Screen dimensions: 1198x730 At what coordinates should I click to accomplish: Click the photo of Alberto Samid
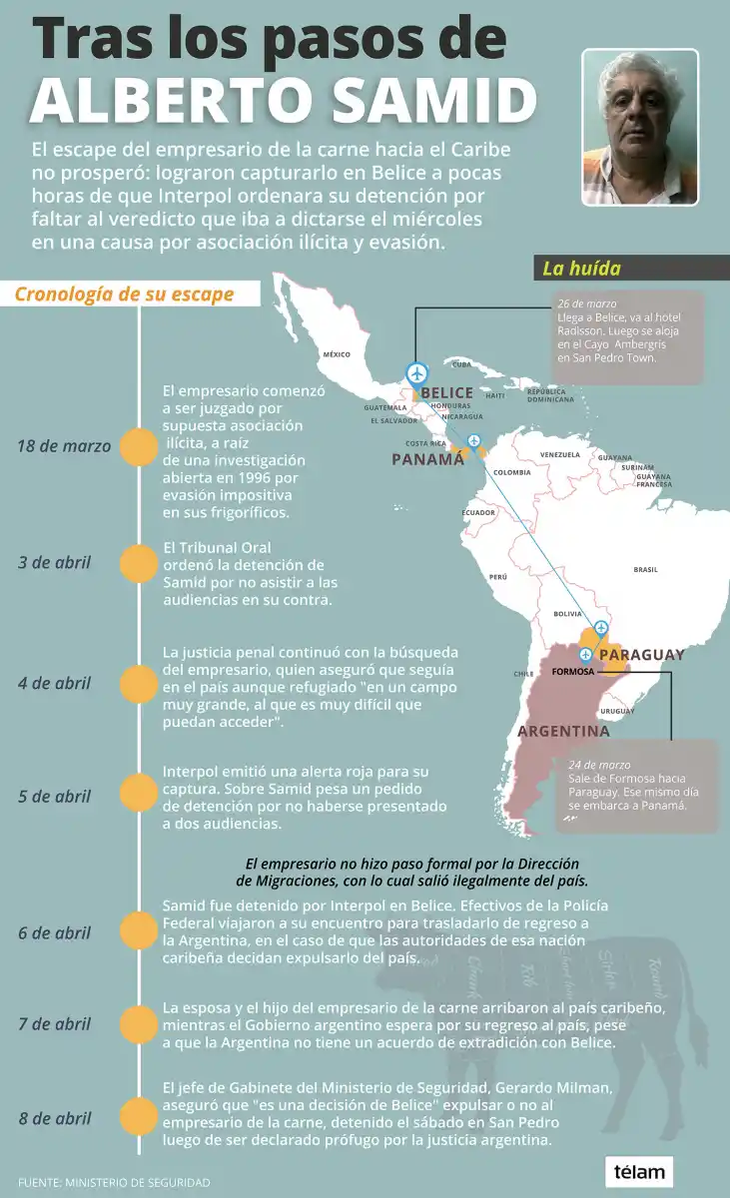click(x=639, y=127)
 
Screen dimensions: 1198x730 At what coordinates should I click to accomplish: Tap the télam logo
click(x=639, y=1171)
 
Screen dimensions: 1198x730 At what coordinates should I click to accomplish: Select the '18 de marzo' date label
click(x=64, y=445)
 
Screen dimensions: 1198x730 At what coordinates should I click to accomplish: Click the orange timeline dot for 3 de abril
click(x=139, y=563)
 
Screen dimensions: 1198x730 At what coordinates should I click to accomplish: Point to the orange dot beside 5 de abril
click(x=139, y=796)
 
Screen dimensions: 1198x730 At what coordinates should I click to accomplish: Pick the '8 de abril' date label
click(x=54, y=1116)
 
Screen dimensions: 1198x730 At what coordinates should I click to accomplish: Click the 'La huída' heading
click(x=581, y=268)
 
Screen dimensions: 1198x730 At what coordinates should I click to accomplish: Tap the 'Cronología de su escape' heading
click(x=124, y=295)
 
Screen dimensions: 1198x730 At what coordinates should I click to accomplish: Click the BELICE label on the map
click(x=446, y=393)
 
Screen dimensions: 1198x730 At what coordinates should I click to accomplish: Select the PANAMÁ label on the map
click(x=427, y=459)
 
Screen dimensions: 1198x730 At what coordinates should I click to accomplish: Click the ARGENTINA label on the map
click(x=563, y=731)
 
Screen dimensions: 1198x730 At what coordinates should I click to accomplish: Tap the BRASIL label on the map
click(x=645, y=570)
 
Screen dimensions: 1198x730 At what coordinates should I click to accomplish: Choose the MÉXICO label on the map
click(x=337, y=354)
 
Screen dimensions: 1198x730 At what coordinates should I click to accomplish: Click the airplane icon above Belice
click(x=417, y=373)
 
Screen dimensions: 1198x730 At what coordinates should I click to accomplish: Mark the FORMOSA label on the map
click(x=572, y=671)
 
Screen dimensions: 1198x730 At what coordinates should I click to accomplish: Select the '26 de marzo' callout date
click(x=587, y=302)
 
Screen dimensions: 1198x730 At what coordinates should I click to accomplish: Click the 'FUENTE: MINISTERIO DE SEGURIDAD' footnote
click(x=114, y=1182)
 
